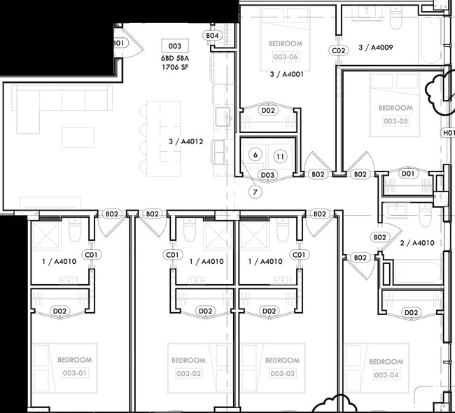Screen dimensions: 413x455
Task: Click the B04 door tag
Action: pos(213,36)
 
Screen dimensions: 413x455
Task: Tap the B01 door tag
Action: pos(118,43)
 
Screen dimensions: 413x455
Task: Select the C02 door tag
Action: pos(339,50)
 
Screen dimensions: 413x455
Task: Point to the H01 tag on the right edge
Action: pos(448,132)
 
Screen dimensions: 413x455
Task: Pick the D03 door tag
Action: pos(267,174)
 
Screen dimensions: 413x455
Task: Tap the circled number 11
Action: pos(280,156)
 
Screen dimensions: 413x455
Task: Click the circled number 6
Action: pos(255,155)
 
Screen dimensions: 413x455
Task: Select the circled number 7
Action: pos(255,191)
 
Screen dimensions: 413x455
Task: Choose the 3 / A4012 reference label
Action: pos(185,141)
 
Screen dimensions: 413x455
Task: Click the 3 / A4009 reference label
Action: pos(376,48)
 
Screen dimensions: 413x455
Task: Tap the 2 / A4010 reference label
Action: pos(417,243)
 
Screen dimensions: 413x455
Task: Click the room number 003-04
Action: pos(386,375)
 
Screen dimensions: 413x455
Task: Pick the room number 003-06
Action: pos(286,57)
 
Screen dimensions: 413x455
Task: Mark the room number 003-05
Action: pos(395,121)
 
